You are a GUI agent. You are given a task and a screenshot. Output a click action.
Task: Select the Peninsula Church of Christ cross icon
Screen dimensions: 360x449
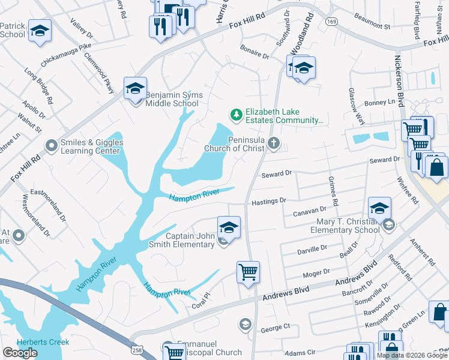pos(274,143)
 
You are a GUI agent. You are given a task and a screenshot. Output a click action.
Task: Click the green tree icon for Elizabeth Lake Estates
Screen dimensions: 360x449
pos(237,114)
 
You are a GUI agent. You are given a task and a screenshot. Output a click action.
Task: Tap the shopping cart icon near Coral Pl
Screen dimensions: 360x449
pos(248,272)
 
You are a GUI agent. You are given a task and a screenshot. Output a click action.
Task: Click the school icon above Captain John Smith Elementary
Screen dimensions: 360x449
pos(229,227)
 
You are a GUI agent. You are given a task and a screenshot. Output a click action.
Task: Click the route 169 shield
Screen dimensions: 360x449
pos(331,21)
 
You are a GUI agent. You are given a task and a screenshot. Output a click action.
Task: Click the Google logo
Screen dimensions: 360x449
pos(20,353)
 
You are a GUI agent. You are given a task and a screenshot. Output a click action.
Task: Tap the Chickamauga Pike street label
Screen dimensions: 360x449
pos(66,55)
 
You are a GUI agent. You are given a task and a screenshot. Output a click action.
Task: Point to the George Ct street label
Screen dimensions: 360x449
pos(276,328)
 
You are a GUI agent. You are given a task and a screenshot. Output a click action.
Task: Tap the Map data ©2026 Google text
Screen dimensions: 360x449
pos(412,355)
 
